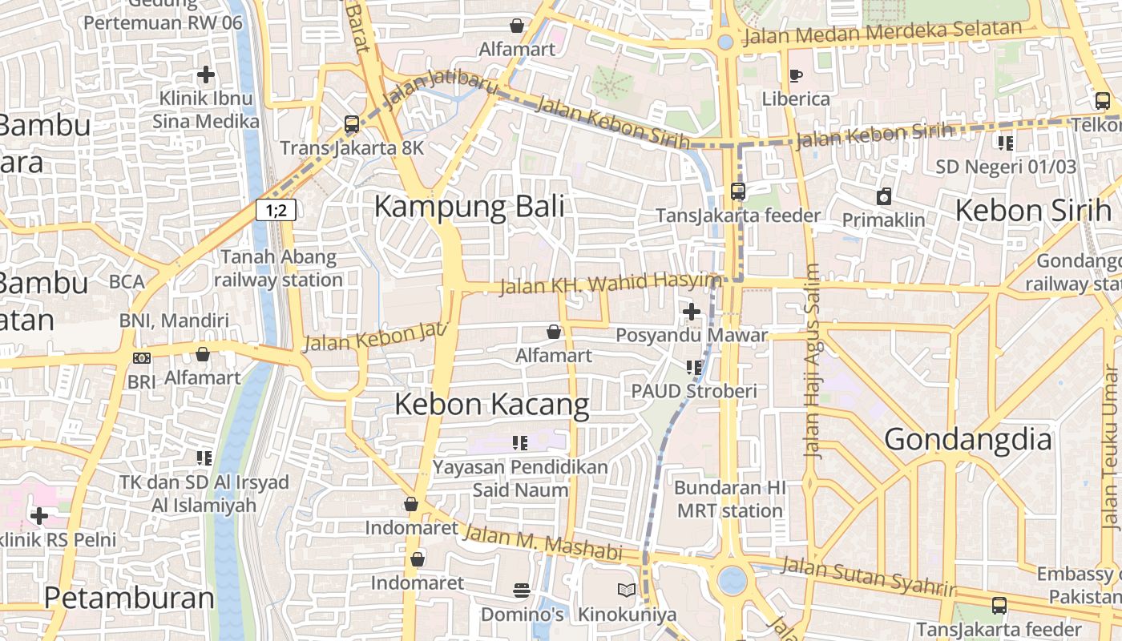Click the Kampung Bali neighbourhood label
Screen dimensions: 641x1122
click(x=469, y=207)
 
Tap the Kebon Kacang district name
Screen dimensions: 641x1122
click(x=491, y=405)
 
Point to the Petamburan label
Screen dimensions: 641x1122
click(x=129, y=598)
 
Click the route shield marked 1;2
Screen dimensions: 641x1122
click(x=276, y=211)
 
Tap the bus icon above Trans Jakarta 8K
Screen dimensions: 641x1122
click(x=352, y=124)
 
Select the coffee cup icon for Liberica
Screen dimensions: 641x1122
click(x=795, y=75)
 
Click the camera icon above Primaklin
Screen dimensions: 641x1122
click(x=883, y=196)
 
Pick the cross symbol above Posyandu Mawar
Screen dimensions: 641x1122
click(x=691, y=311)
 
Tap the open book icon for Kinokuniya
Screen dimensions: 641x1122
click(x=627, y=591)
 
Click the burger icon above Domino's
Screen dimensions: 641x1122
click(x=522, y=591)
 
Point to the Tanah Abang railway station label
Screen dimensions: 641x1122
click(x=278, y=268)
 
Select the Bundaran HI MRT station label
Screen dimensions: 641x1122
click(x=728, y=499)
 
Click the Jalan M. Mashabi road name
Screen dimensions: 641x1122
click(x=543, y=543)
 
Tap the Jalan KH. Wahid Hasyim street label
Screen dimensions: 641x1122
click(x=611, y=282)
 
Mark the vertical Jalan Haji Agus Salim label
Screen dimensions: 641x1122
click(x=813, y=361)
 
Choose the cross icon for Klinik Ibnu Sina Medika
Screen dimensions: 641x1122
click(x=206, y=75)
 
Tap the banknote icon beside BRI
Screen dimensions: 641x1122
click(x=142, y=358)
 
